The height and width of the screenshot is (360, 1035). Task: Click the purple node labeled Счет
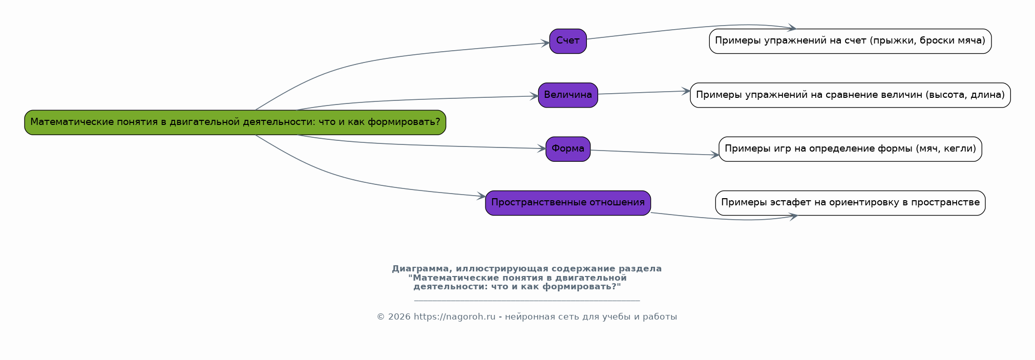pos(568,41)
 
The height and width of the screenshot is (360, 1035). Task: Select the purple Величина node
pos(568,95)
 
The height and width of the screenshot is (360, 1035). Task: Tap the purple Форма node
pos(568,149)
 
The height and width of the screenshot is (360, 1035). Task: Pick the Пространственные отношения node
pos(568,203)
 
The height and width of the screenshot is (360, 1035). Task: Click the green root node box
pos(235,122)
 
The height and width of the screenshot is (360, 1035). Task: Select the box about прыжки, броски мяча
pos(850,41)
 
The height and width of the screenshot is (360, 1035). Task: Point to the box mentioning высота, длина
pos(850,95)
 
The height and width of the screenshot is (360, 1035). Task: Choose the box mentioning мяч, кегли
pos(850,149)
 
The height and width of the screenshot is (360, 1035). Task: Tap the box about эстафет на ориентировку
pos(850,203)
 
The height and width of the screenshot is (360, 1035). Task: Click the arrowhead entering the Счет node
pos(545,44)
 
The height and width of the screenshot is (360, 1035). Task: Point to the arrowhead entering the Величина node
pos(534,96)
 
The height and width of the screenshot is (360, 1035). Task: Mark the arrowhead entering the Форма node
pos(541,149)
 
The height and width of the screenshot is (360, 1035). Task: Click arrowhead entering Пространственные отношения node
pos(481,196)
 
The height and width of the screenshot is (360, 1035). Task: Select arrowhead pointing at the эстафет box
pos(793,217)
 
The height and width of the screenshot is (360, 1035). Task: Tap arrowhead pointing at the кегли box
pos(714,155)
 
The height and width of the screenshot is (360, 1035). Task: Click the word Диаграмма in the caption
pos(421,269)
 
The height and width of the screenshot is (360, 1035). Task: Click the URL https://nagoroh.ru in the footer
pos(454,317)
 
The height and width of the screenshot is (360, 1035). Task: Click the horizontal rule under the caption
pos(527,301)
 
